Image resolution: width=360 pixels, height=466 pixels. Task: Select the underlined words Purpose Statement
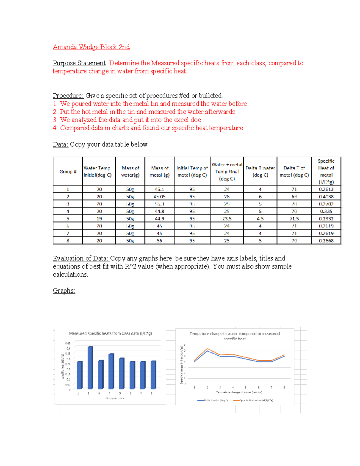tap(79, 63)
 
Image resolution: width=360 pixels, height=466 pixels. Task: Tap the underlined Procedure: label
tap(68, 96)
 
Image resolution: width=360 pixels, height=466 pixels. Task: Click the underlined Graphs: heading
tap(64, 291)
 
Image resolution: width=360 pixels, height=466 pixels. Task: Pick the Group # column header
tap(68, 172)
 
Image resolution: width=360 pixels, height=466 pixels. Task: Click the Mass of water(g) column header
tap(130, 172)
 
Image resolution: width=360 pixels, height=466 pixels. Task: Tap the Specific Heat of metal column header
tap(326, 172)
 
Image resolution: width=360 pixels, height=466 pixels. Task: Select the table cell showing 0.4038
tap(326, 197)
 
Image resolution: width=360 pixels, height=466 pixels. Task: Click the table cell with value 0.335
tap(326, 212)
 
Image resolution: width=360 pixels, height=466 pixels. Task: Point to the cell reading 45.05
tap(159, 197)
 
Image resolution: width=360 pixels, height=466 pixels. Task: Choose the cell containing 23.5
tap(227, 219)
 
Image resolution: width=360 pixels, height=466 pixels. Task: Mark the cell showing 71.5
tap(294, 219)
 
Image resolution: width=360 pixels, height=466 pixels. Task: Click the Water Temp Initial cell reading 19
tap(99, 219)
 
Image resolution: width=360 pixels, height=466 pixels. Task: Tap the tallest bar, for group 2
tap(90, 368)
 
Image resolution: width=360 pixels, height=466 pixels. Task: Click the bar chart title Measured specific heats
tap(110, 333)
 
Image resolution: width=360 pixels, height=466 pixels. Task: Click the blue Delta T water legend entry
tap(213, 400)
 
